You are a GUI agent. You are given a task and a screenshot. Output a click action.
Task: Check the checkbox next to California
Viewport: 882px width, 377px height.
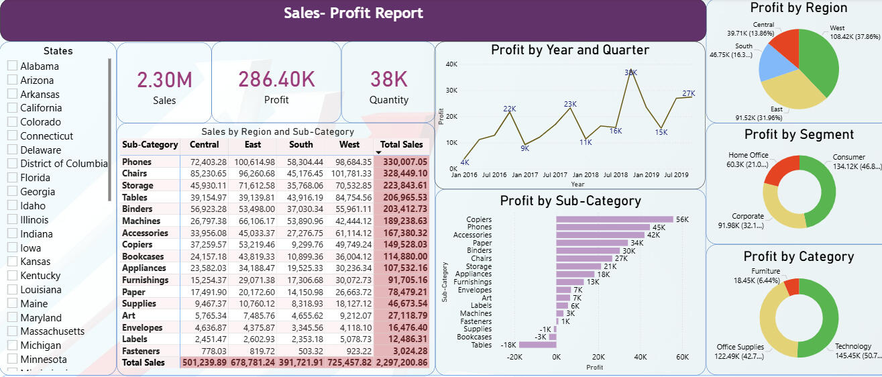12,108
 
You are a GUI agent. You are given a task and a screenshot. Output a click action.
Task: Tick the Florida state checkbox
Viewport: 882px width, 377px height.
12,178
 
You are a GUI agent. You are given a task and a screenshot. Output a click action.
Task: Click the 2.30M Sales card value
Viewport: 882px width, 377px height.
164,80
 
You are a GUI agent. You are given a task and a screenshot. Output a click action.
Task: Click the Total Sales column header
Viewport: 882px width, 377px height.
401,144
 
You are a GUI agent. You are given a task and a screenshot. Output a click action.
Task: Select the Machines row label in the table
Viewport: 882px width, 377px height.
141,221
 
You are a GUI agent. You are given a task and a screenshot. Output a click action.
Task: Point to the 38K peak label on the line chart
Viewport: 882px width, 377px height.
630,72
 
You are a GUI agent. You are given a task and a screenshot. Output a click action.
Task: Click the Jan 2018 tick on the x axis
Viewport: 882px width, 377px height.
586,175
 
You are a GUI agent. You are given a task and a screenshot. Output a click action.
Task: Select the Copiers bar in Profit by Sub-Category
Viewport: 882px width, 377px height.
614,219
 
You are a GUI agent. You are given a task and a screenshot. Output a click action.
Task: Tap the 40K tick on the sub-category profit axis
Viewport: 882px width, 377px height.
641,357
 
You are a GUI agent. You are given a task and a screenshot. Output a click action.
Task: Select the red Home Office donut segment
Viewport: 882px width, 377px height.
779,170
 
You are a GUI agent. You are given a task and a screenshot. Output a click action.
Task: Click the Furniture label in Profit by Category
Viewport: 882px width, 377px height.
765,271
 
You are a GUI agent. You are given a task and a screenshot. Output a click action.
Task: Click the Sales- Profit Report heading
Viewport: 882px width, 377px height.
353,13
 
